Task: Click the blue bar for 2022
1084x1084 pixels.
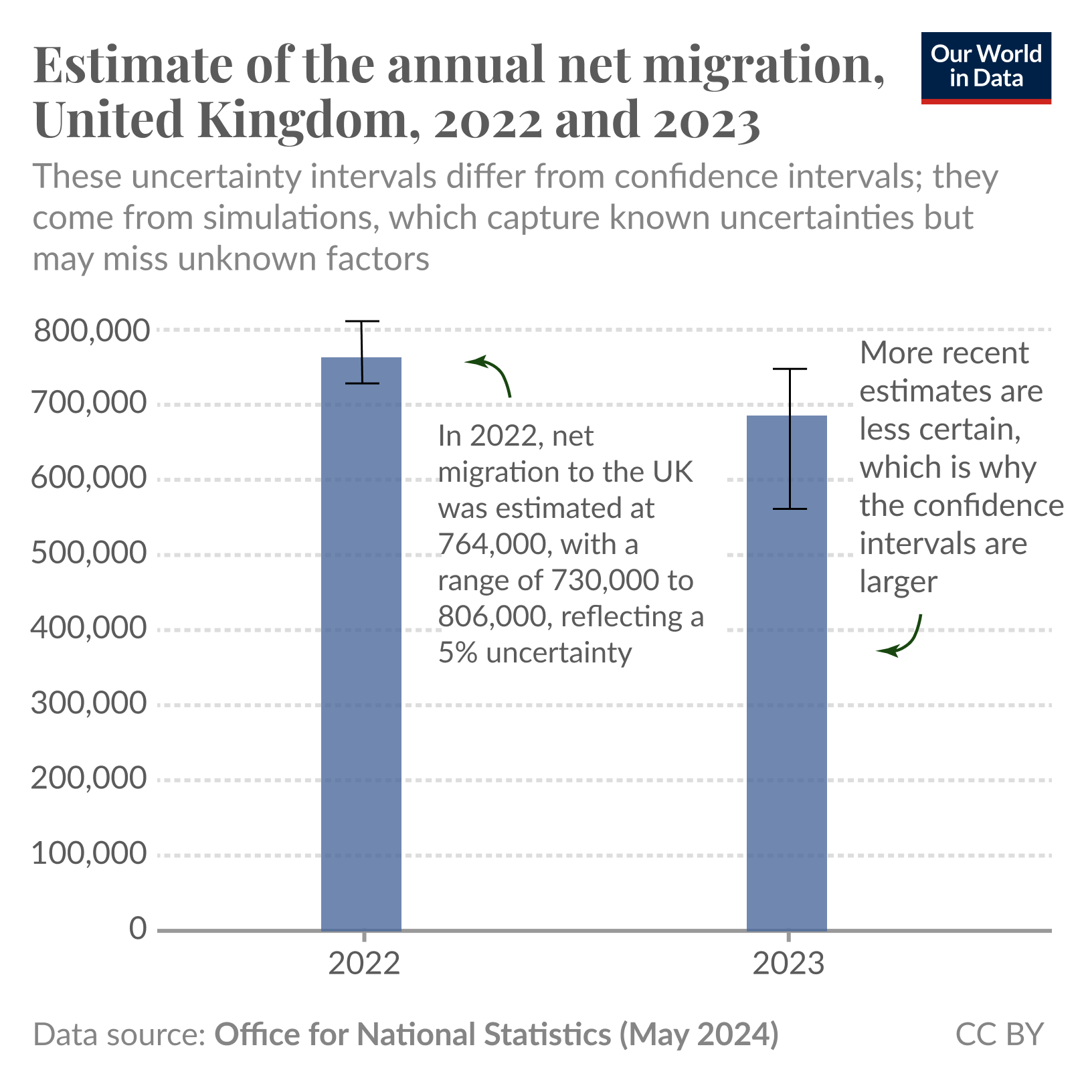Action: (361, 642)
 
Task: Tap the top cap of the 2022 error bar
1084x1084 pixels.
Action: (362, 322)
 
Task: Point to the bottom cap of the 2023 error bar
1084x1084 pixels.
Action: (790, 509)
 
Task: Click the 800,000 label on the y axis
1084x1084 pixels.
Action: (90, 331)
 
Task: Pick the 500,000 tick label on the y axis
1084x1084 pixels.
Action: (88, 553)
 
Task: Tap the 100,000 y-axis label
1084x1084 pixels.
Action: (88, 854)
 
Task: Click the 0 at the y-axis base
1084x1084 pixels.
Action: (138, 929)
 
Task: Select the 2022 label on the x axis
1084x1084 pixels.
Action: (364, 964)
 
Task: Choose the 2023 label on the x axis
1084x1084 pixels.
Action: (789, 964)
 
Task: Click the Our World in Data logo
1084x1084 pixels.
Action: (986, 68)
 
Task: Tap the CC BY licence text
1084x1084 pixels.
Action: (999, 1034)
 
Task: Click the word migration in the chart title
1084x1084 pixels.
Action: (763, 65)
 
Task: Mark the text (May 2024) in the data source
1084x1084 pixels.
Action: (699, 1034)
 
